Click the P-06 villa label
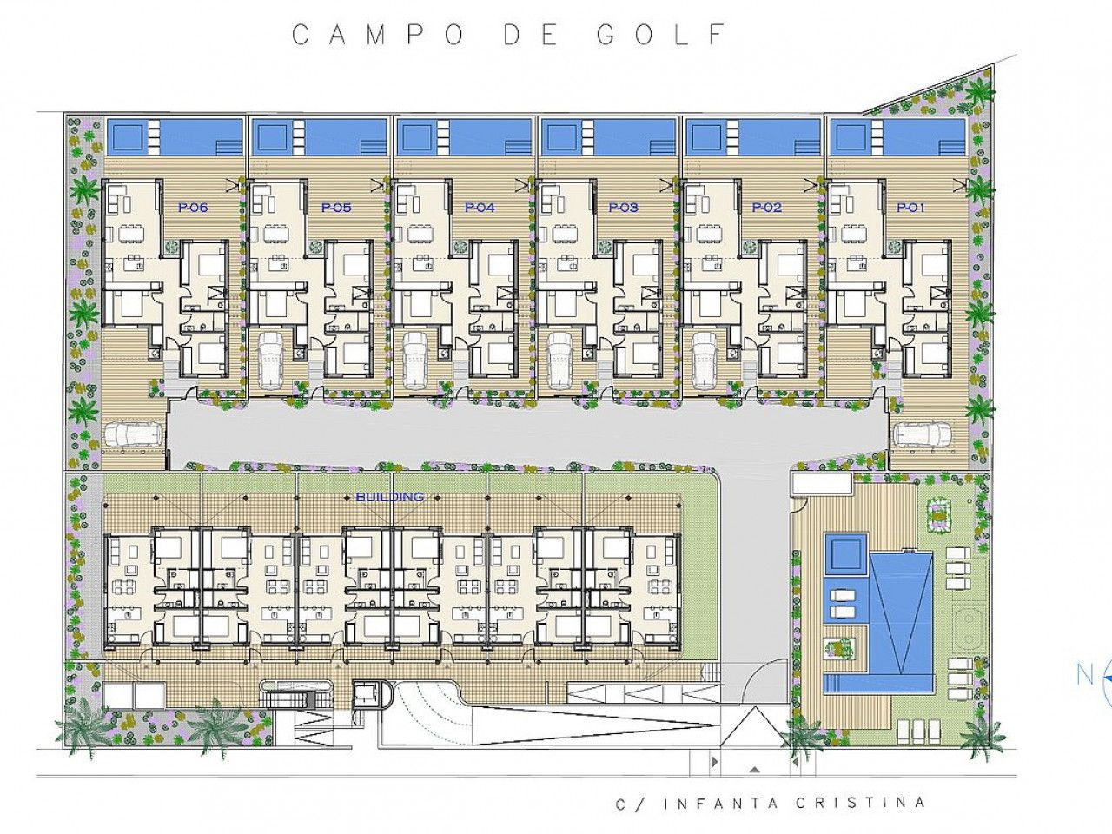click(193, 208)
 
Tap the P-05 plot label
click(336, 208)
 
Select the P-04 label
click(480, 208)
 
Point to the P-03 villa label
click(624, 208)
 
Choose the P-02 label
click(767, 208)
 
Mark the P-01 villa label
click(910, 208)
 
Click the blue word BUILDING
click(390, 497)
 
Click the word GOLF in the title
click(662, 35)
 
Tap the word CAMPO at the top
click(378, 35)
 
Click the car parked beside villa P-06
click(134, 434)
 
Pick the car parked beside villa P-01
click(923, 434)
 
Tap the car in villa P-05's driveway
click(273, 361)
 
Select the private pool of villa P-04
click(465, 136)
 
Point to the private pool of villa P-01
click(897, 136)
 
